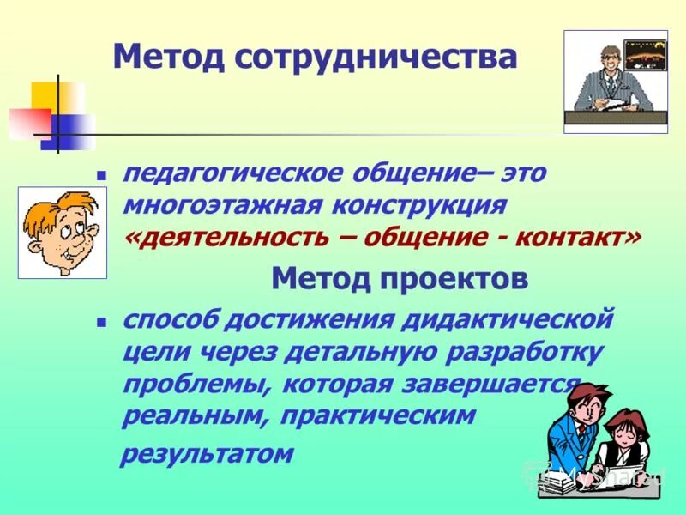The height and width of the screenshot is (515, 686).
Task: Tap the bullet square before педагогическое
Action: click(x=100, y=174)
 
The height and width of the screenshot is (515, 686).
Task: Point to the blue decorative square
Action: click(x=67, y=130)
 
